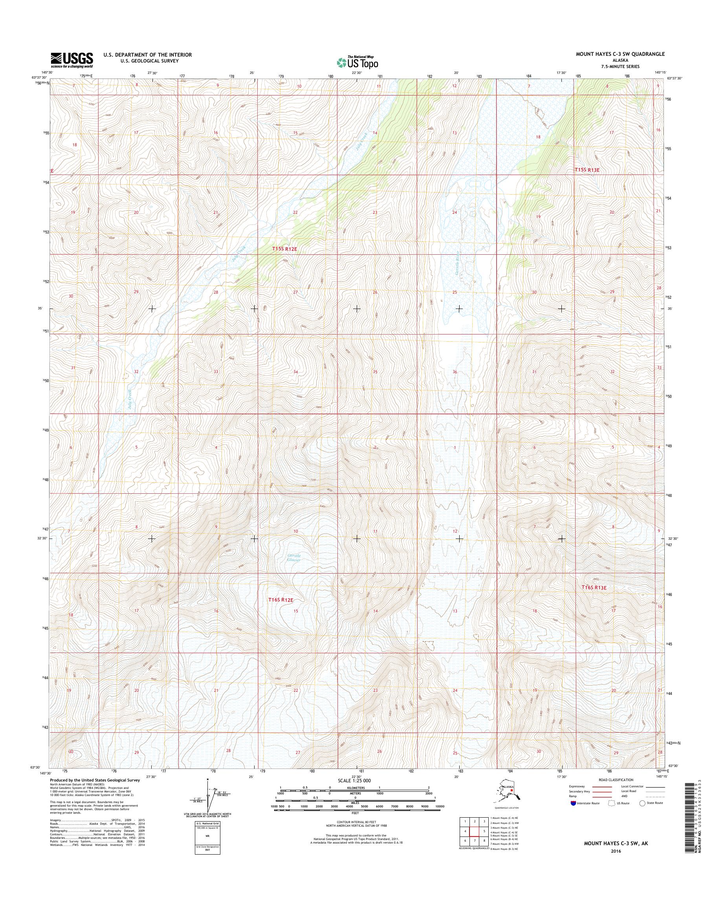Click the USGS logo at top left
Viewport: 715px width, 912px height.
click(x=71, y=60)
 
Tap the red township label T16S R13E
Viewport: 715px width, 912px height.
click(x=594, y=588)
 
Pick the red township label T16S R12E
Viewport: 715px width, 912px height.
click(x=280, y=600)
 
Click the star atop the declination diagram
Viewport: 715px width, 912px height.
click(x=208, y=780)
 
